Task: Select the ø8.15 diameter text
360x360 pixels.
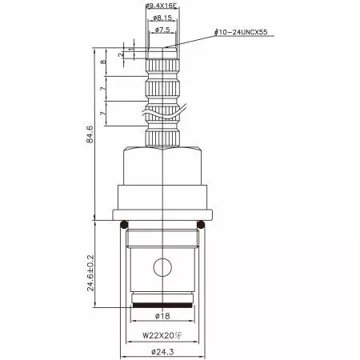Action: click(163, 18)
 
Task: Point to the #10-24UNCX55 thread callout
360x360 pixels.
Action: click(243, 33)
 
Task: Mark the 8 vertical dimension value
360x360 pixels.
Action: click(103, 62)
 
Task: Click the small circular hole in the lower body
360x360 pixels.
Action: click(163, 266)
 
